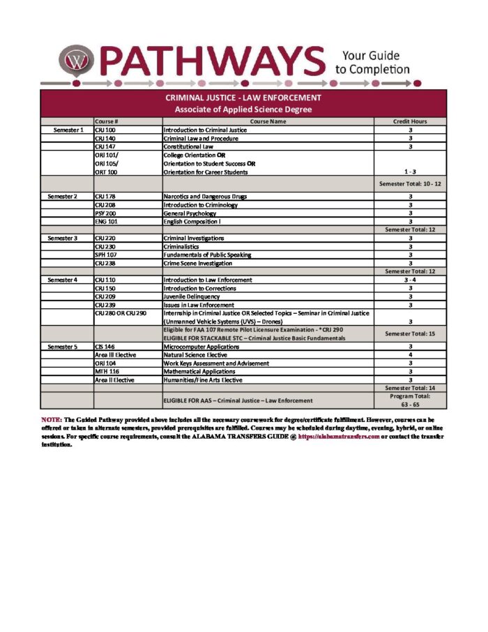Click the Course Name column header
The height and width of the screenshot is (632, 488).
[268, 121]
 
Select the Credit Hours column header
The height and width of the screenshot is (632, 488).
[410, 121]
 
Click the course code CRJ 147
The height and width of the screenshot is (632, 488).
[105, 146]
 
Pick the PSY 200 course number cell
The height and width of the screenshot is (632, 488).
[105, 213]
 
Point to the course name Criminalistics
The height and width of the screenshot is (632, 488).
[184, 246]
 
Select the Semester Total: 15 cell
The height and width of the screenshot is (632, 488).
[410, 333]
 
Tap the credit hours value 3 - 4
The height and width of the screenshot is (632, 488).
[410, 279]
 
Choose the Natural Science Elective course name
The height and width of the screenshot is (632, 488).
[198, 354]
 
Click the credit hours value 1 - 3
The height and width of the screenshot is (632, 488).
[410, 172]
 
